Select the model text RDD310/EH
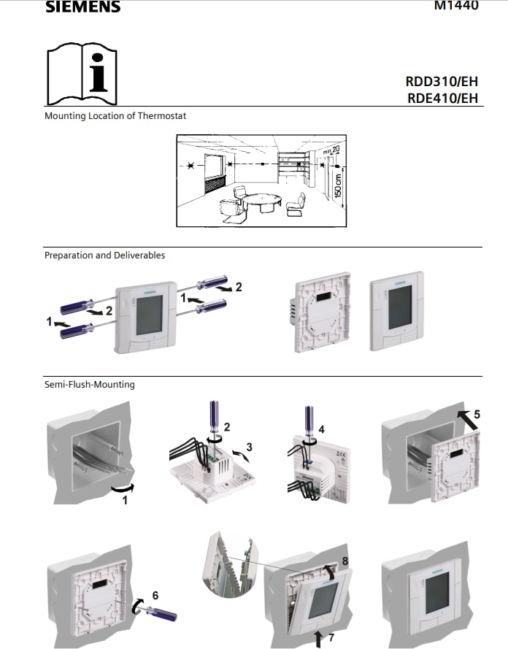(442, 82)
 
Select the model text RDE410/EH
(442, 99)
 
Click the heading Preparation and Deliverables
(104, 256)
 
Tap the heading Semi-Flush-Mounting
(89, 385)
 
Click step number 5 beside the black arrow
(476, 414)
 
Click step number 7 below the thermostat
(331, 637)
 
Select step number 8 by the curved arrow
(345, 561)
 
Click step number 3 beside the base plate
(249, 446)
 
